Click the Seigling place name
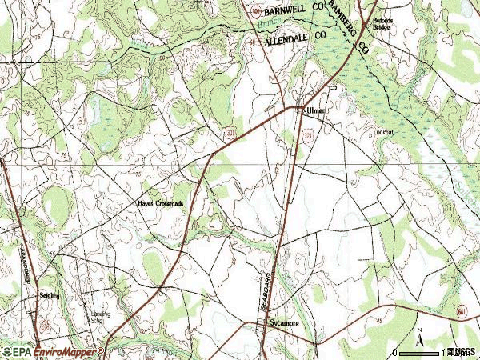click(50, 295)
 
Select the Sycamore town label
click(283, 323)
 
